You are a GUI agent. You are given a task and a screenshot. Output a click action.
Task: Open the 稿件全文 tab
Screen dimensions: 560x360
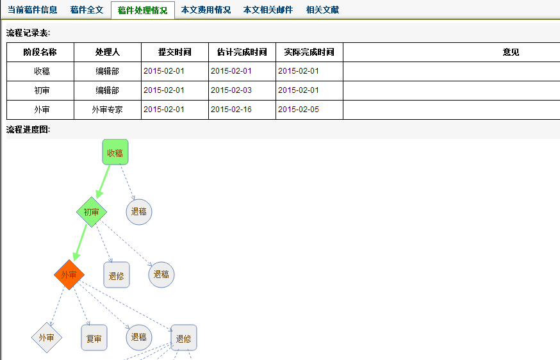pos(86,10)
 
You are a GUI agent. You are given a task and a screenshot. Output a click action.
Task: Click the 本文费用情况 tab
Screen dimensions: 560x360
pos(206,10)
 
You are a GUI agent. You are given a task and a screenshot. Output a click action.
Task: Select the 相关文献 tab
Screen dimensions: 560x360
pos(322,10)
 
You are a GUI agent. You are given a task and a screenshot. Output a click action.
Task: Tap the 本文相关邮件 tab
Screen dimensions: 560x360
pos(268,10)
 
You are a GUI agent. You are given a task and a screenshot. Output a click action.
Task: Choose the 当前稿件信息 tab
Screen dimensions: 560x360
pos(33,10)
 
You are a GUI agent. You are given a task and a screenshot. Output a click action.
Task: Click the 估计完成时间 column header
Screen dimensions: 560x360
pos(242,52)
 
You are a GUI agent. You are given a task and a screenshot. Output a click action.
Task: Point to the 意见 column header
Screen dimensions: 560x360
pos(511,52)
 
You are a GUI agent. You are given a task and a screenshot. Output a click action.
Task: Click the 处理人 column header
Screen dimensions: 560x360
pos(108,52)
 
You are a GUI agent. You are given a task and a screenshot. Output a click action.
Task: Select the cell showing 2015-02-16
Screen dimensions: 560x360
pos(231,110)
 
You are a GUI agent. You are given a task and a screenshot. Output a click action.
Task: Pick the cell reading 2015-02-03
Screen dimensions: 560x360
pos(231,90)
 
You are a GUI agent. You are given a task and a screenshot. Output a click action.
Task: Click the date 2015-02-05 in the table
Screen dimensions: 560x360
pos(299,110)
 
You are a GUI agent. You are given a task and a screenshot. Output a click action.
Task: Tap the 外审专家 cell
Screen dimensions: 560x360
pos(108,110)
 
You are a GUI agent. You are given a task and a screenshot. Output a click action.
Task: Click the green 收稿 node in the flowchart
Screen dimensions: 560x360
pos(115,152)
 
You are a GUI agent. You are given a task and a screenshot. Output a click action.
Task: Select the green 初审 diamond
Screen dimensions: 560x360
pos(92,212)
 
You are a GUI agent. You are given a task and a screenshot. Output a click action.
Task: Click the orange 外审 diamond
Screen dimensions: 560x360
pos(69,275)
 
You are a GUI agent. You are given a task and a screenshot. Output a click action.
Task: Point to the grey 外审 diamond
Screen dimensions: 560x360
pos(46,338)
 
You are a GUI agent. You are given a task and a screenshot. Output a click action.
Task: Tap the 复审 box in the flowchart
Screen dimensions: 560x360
pos(94,338)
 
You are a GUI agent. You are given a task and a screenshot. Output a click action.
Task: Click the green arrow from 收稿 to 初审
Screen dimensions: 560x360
pos(103,182)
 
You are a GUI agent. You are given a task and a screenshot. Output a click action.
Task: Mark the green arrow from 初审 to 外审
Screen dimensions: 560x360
pos(80,243)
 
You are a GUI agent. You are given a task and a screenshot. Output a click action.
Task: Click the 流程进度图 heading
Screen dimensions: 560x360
pos(28,129)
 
